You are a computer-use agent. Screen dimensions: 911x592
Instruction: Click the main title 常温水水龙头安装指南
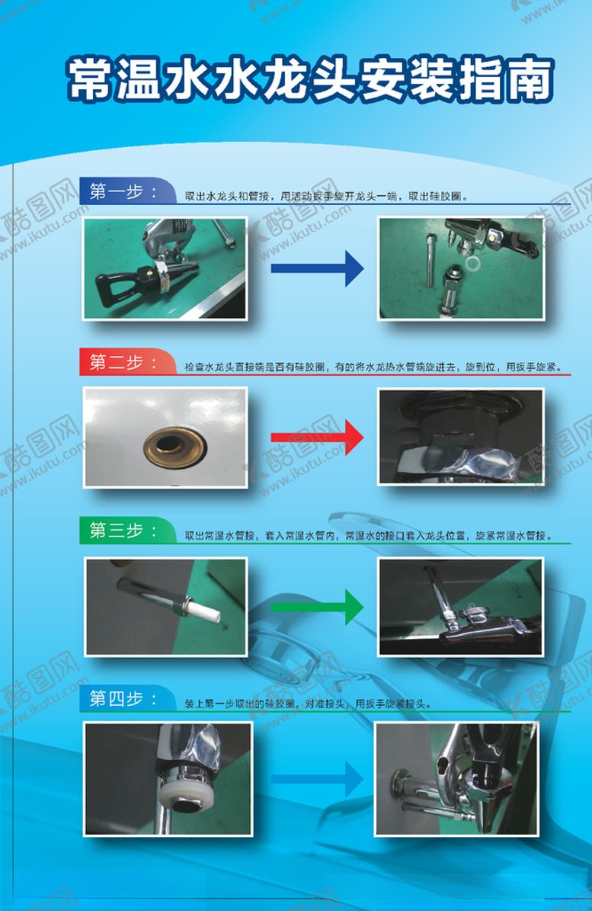click(309, 80)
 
